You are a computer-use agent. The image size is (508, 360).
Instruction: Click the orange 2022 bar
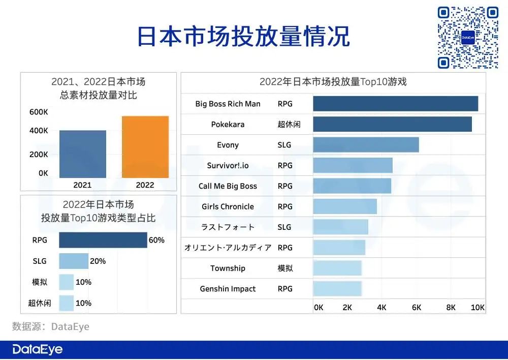point(145,147)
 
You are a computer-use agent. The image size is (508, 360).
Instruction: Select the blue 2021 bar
point(83,154)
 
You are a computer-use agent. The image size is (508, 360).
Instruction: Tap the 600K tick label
point(39,112)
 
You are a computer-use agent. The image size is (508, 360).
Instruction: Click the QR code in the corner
point(468,38)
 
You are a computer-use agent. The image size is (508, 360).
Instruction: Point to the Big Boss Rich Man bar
point(395,104)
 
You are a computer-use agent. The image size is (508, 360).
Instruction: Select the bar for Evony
point(366,145)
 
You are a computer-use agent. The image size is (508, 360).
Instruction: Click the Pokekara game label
point(228,125)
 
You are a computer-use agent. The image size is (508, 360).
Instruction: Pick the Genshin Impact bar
point(337,289)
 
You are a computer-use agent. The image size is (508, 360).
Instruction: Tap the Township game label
point(228,268)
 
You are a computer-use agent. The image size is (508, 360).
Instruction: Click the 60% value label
point(156,241)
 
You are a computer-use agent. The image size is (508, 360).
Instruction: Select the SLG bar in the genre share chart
point(74,261)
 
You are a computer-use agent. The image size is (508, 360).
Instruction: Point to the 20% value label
point(98,261)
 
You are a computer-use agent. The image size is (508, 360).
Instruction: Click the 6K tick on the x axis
point(417,308)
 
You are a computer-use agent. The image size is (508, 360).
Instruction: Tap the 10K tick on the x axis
point(478,308)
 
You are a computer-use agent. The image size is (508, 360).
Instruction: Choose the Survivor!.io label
point(228,166)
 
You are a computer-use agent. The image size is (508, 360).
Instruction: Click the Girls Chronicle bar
point(345,206)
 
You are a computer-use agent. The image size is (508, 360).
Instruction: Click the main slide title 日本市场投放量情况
point(244,37)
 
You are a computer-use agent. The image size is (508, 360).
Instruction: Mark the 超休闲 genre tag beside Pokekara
point(289,125)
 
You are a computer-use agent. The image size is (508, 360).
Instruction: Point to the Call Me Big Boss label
point(228,186)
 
